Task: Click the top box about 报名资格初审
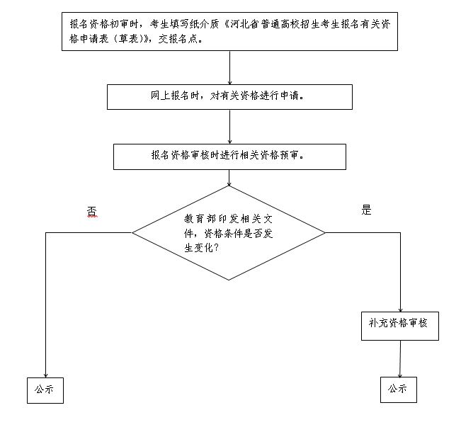(230, 31)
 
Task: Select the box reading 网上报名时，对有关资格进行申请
(229, 97)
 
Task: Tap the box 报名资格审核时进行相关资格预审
(229, 157)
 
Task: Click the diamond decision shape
(229, 232)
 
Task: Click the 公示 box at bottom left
(45, 390)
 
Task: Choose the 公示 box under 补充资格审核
(399, 390)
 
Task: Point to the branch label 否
(91, 211)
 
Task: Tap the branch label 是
(366, 210)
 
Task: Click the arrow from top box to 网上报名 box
(230, 68)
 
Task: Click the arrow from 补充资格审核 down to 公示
(399, 357)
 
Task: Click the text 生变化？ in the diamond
(201, 249)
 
